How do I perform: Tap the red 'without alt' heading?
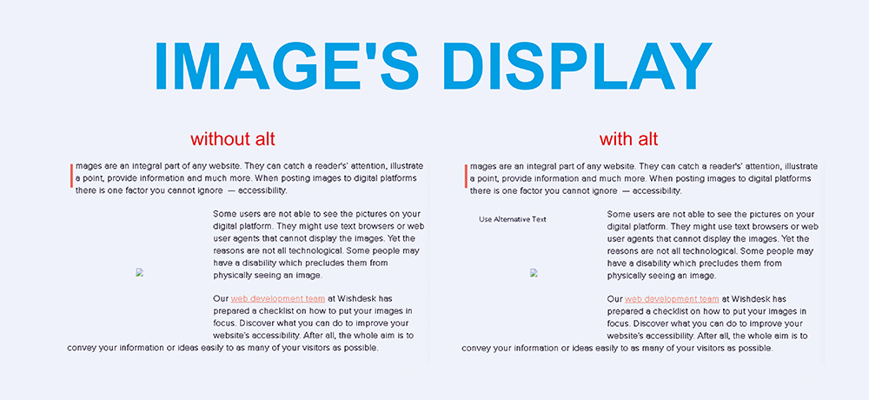click(233, 139)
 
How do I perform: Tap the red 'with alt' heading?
click(628, 139)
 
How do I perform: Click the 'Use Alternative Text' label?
click(513, 219)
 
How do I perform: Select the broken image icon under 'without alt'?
click(139, 272)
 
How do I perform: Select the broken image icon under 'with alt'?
click(534, 272)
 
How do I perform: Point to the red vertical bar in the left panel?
click(71, 176)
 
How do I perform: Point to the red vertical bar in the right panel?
click(466, 176)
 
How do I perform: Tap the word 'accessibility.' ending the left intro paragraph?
click(257, 190)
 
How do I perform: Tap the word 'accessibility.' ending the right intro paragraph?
click(652, 190)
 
